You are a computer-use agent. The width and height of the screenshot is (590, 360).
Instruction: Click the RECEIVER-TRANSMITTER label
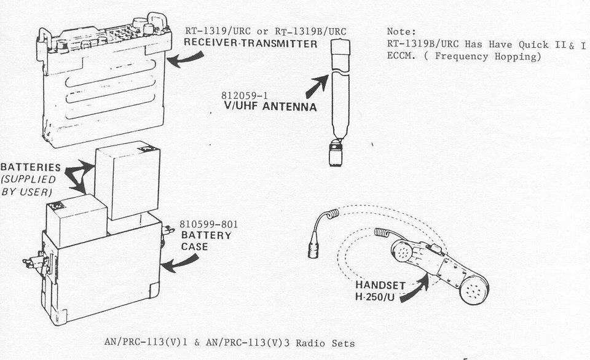pos(251,44)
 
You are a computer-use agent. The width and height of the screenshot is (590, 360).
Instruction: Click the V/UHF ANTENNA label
pos(270,107)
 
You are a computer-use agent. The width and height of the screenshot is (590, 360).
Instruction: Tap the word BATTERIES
pos(30,167)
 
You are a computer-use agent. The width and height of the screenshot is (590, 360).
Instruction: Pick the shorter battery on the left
pos(76,219)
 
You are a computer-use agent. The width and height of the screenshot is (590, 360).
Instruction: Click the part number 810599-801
pos(208,224)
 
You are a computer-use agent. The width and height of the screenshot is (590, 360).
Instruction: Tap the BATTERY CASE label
pos(205,241)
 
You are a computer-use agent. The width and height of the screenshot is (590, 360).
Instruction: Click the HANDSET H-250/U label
pos(381,291)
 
